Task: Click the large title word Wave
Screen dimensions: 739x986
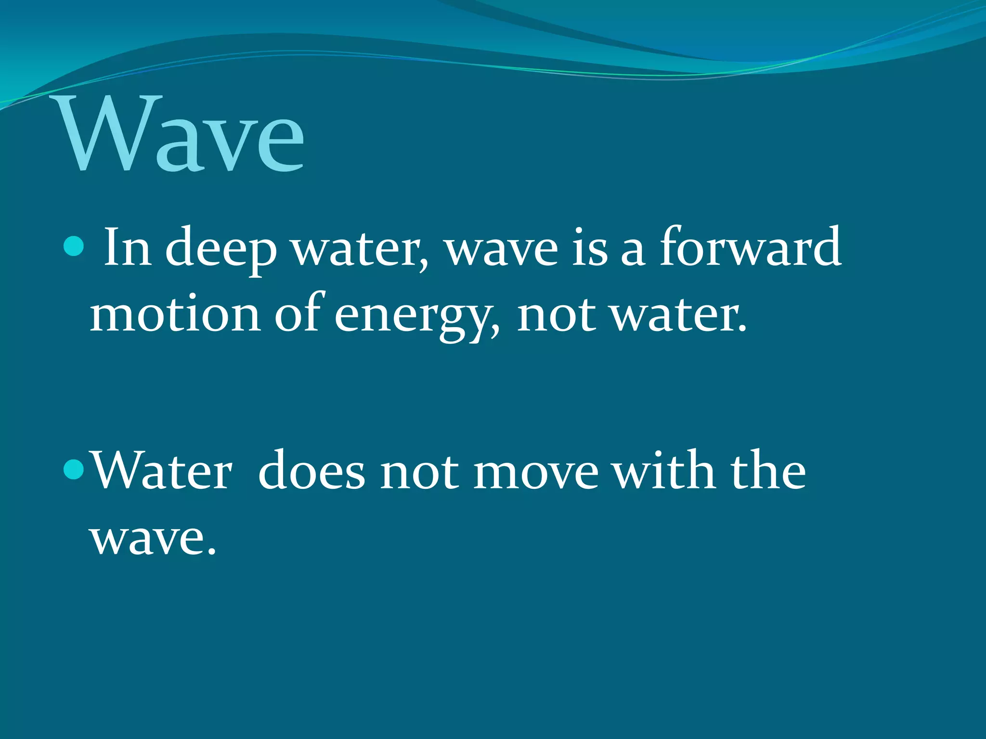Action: [x=181, y=135]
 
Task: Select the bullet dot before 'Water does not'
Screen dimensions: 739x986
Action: [x=73, y=470]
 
